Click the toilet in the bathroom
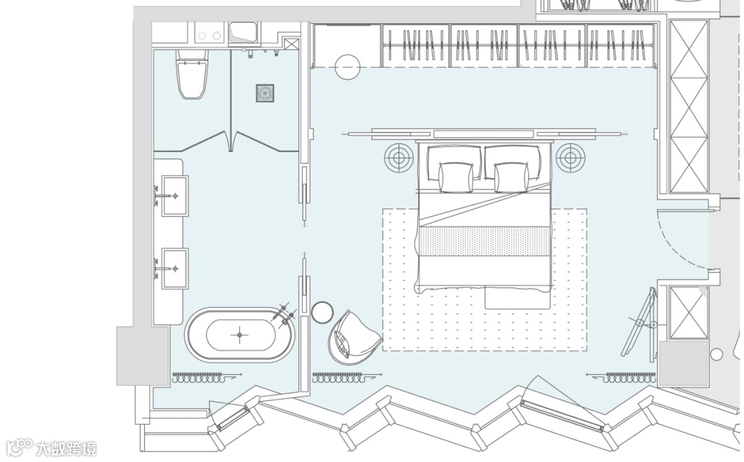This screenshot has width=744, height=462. tap(192, 73)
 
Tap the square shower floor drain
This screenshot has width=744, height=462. tap(265, 93)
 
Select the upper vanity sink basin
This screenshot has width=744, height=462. tap(174, 195)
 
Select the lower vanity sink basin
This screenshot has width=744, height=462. tap(174, 268)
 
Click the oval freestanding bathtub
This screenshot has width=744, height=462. tap(240, 335)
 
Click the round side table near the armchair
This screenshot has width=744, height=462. tap(323, 312)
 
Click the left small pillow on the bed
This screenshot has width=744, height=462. tap(456, 177)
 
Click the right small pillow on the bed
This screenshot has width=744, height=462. tap(511, 177)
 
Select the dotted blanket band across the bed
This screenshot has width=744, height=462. tap(485, 242)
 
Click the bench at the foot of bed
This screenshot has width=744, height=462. tap(517, 297)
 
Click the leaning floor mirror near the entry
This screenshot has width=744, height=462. tap(640, 323)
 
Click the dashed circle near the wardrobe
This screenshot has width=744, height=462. tap(348, 66)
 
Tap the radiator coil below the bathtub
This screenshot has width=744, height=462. tap(201, 378)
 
